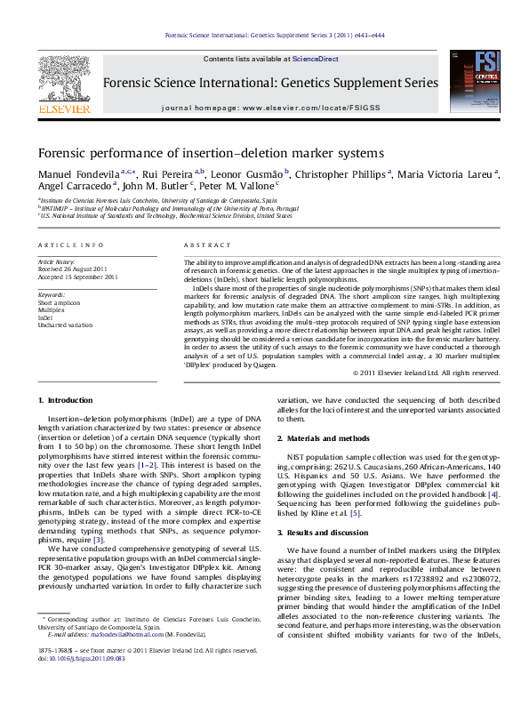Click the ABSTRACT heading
[x=200, y=244]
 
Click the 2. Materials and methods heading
[x=322, y=439]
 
